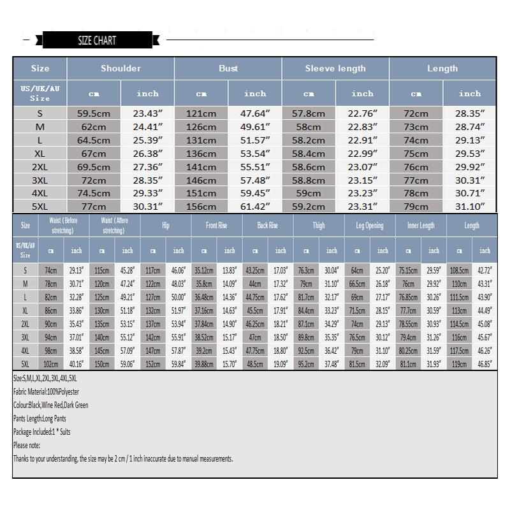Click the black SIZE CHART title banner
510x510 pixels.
96,41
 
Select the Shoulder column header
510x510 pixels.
120,68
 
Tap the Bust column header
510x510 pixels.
228,68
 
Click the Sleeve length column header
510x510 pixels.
335,68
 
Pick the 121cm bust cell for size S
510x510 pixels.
201,113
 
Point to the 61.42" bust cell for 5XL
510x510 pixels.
255,207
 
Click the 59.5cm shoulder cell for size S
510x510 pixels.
94,113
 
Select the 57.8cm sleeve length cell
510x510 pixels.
309,113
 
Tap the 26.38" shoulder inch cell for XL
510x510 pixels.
147,154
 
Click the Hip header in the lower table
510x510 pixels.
166,226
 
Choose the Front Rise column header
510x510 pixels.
217,226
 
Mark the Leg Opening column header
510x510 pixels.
370,226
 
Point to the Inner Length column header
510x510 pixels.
421,226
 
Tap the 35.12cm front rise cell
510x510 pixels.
204,271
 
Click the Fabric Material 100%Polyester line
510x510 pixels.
46,392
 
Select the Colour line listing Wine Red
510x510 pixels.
50,405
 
